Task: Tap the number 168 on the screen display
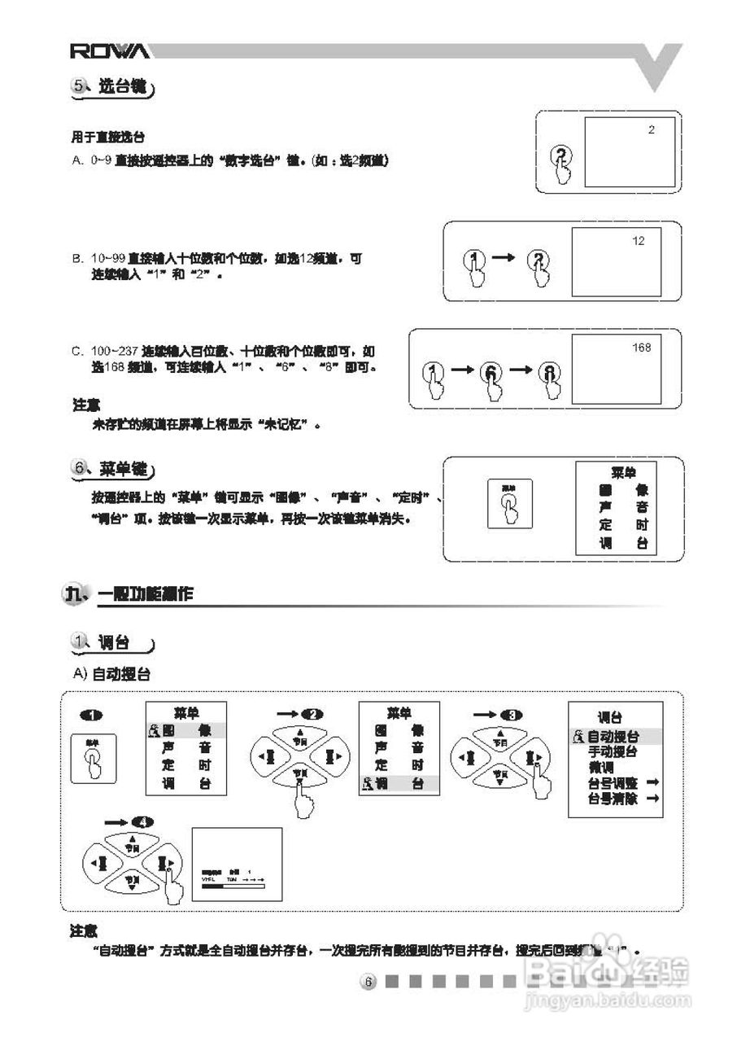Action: (641, 348)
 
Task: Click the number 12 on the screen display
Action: (638, 241)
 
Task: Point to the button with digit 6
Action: (492, 373)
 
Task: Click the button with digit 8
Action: (552, 373)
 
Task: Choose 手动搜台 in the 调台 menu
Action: (613, 752)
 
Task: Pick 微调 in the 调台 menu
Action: (601, 768)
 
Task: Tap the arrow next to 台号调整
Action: (652, 783)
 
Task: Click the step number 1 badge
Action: (92, 715)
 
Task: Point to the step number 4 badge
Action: (145, 821)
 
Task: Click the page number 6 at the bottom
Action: (368, 983)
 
